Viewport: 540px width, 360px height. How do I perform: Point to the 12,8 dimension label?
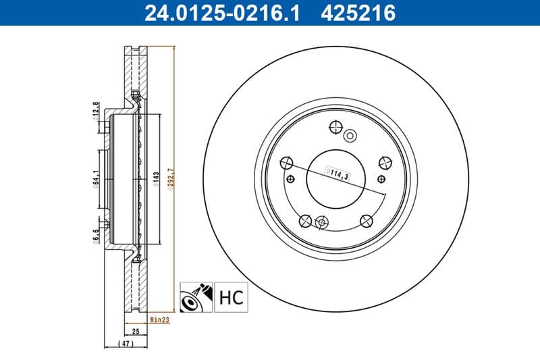[96, 109]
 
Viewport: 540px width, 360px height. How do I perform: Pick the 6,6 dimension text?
[96, 234]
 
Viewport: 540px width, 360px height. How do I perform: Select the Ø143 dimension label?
[155, 180]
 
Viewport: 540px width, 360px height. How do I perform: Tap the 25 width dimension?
[135, 332]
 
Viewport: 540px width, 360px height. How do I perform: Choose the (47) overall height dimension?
[126, 344]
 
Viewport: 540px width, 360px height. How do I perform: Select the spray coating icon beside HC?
[196, 297]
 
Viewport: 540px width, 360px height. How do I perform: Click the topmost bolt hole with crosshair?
[335, 126]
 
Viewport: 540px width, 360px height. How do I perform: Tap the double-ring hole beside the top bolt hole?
[350, 136]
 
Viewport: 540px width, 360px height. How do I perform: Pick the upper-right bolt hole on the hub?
[385, 162]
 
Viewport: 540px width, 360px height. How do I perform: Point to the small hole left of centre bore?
[291, 178]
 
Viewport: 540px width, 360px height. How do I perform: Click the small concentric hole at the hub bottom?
[321, 223]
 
